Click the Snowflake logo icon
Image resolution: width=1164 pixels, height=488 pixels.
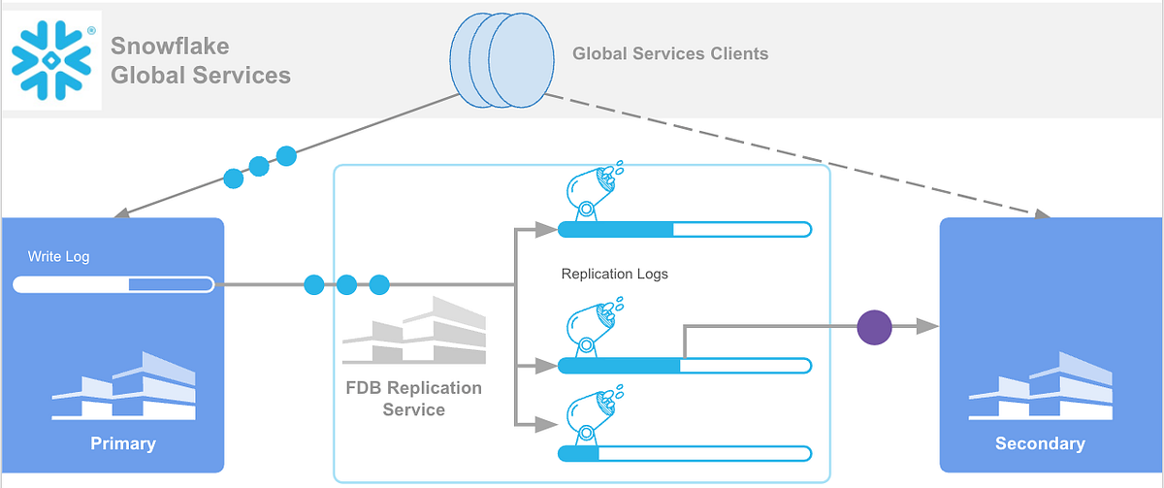click(x=51, y=59)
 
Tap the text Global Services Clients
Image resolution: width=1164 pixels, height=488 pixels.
click(x=669, y=54)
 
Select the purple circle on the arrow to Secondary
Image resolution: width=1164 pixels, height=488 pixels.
click(x=875, y=327)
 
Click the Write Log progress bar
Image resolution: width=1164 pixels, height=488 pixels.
click(x=113, y=284)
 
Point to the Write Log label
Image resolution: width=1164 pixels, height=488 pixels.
click(x=58, y=257)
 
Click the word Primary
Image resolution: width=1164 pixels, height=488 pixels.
click(x=123, y=443)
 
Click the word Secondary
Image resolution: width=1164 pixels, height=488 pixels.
click(x=1040, y=443)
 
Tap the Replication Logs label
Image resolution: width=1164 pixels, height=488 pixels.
click(x=615, y=275)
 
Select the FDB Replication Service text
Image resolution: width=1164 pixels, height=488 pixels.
click(x=413, y=399)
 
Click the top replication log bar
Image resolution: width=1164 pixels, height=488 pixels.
click(x=684, y=230)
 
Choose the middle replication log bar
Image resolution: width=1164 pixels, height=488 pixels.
click(x=684, y=366)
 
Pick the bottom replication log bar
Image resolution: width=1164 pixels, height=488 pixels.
click(x=684, y=453)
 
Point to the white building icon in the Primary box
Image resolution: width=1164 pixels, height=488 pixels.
click(x=123, y=385)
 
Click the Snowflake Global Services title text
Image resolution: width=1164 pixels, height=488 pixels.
click(x=201, y=60)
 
